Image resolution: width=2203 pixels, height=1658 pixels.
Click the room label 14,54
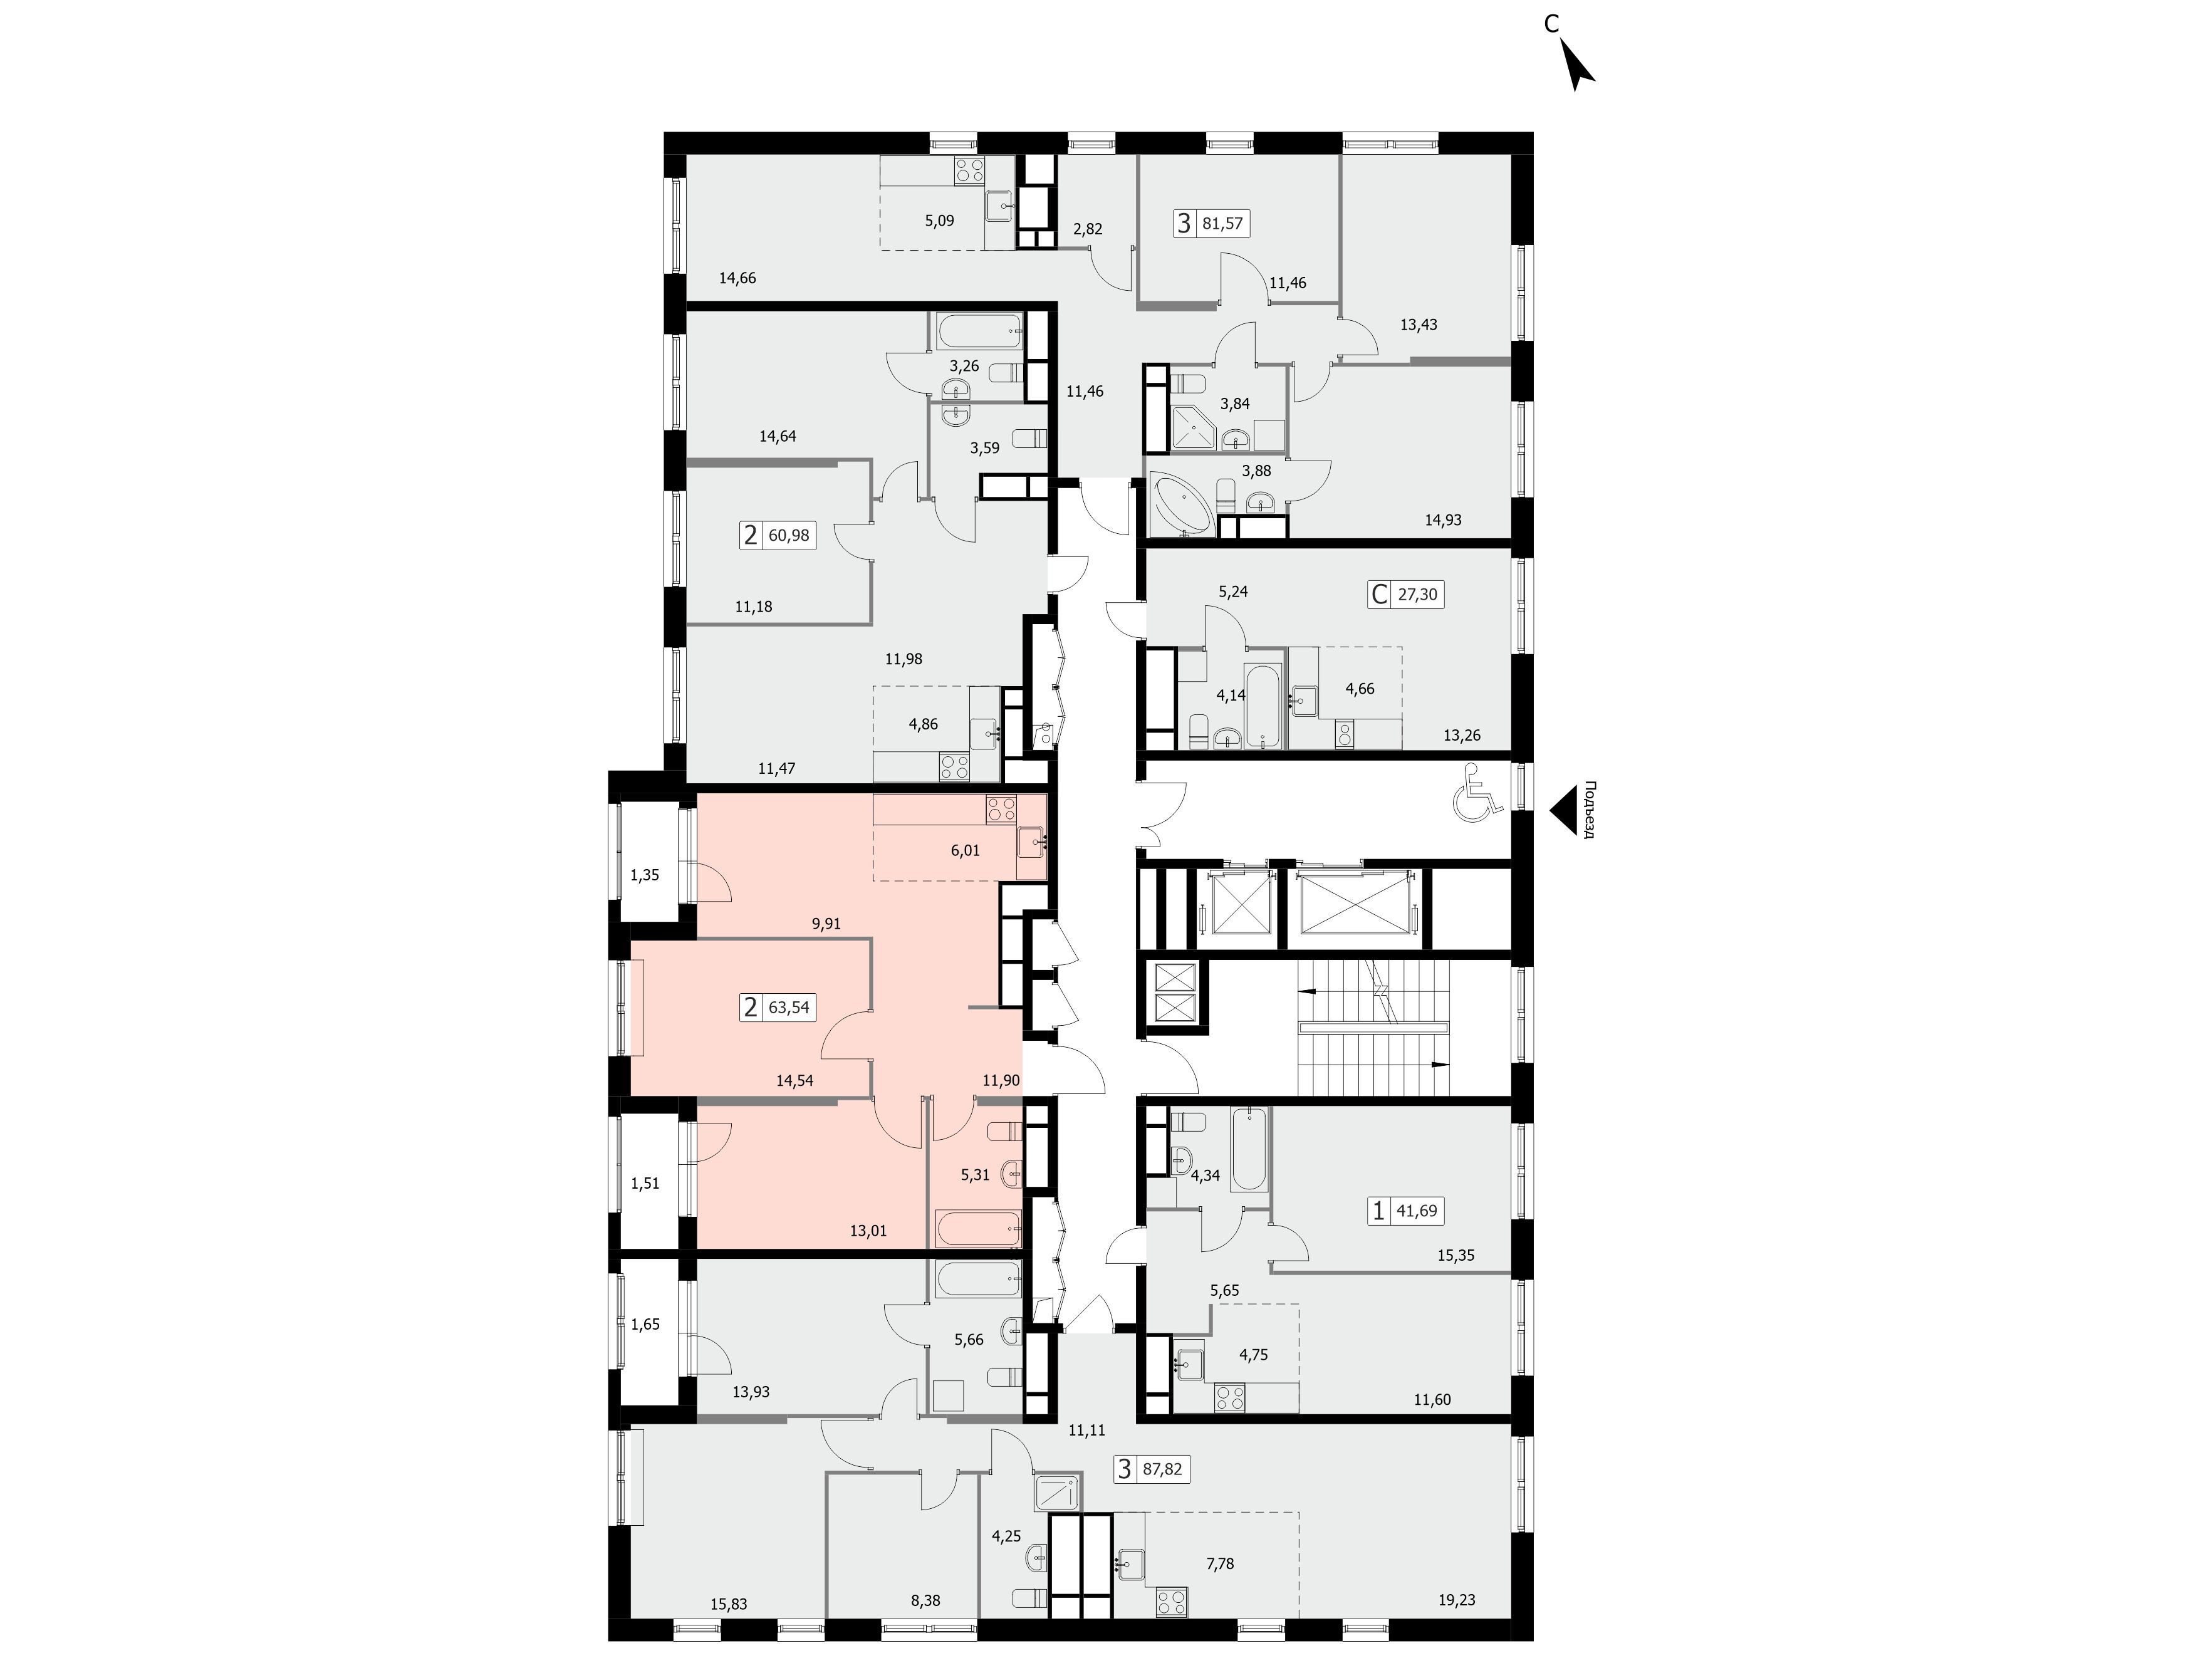point(794,1080)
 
